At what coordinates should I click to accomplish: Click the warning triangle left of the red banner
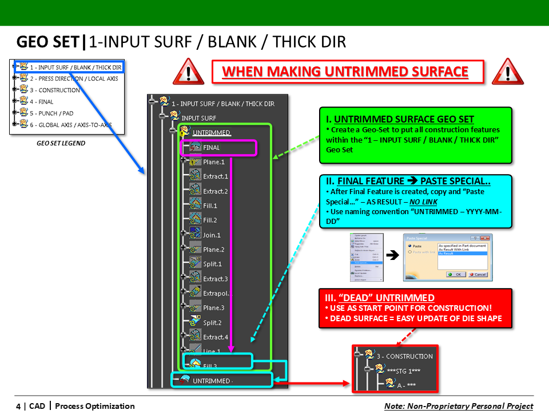pos(189,72)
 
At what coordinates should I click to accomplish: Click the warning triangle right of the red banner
pos(507,72)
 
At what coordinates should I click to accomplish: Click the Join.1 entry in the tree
pos(211,235)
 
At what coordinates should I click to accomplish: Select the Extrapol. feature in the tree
pos(217,293)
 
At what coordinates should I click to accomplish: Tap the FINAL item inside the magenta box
pos(211,147)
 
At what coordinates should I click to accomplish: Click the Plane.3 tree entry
pos(213,307)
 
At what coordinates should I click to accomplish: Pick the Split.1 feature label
pos(212,264)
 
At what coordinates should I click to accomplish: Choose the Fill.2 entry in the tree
pos(210,220)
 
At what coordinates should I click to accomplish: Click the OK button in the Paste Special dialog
pos(456,274)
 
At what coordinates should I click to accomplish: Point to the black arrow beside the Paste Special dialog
pos(392,256)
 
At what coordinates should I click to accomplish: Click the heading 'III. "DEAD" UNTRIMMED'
pos(380,298)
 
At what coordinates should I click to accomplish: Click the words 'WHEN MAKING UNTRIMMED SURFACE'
pos(345,72)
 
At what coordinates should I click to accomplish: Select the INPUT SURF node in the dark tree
pos(198,118)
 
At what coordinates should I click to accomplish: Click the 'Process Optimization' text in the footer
pos(95,406)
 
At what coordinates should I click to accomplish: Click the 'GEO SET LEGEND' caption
pos(61,143)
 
